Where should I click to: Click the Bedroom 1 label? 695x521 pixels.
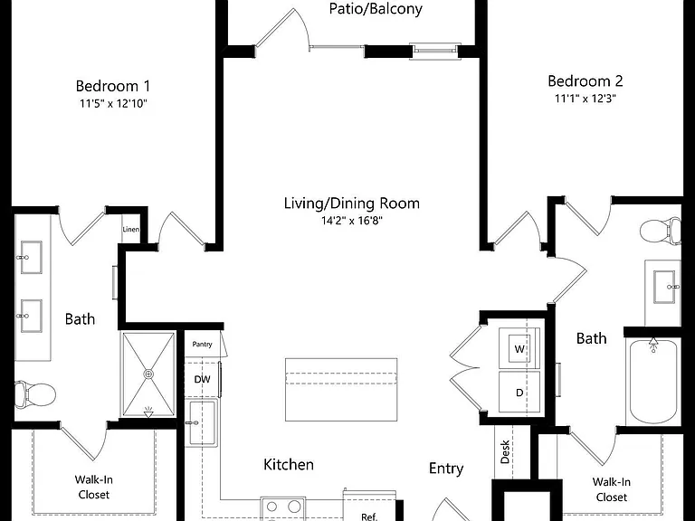(x=112, y=86)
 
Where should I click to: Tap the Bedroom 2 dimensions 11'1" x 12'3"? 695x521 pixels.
(x=586, y=99)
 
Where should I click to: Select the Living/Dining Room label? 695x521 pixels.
(x=351, y=204)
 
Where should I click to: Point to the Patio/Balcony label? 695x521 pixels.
(x=376, y=9)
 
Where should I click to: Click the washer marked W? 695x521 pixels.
(x=519, y=348)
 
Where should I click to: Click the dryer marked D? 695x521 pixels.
(x=519, y=392)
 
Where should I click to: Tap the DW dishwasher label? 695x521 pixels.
(x=202, y=379)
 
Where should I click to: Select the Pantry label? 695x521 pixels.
(x=202, y=344)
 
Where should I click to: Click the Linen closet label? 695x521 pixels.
(x=130, y=229)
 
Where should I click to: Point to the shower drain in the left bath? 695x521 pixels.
(x=148, y=374)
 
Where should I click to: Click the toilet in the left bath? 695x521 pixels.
(x=35, y=393)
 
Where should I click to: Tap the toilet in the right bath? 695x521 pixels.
(x=661, y=231)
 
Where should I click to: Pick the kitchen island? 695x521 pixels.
(x=341, y=390)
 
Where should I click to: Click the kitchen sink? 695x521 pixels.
(x=202, y=423)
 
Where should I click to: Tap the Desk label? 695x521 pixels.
(x=505, y=452)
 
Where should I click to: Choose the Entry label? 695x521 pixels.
(x=446, y=469)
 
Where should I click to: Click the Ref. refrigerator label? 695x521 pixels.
(x=369, y=516)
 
